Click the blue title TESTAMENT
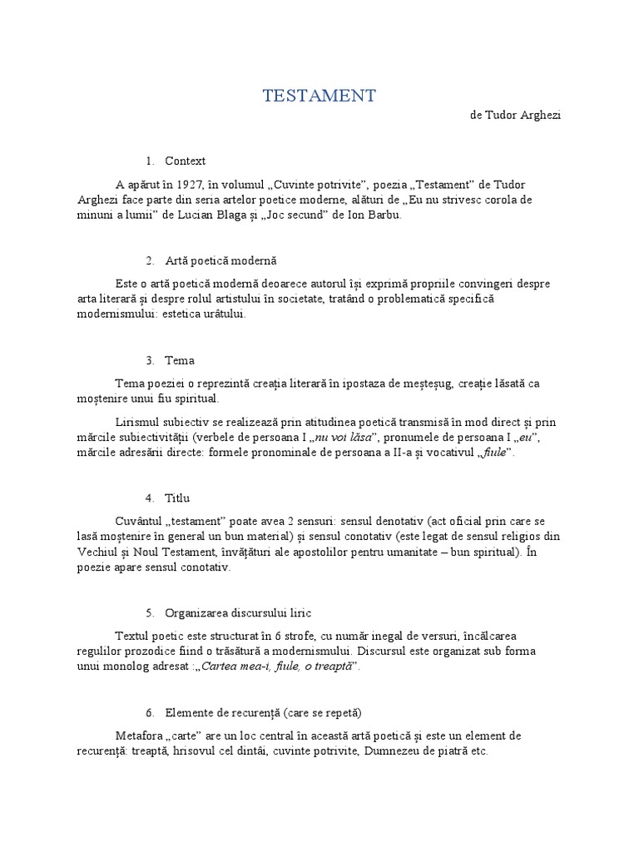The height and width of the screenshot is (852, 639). click(319, 96)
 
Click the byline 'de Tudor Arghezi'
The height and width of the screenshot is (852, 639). click(515, 116)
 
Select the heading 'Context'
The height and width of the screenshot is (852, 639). click(186, 161)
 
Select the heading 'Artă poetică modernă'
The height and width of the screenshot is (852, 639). click(220, 260)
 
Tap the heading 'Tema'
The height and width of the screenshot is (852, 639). click(180, 360)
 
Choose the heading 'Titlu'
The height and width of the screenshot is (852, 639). click(177, 498)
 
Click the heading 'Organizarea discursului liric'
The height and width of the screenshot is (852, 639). click(238, 613)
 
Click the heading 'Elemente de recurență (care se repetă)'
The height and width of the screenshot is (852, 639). click(263, 713)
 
